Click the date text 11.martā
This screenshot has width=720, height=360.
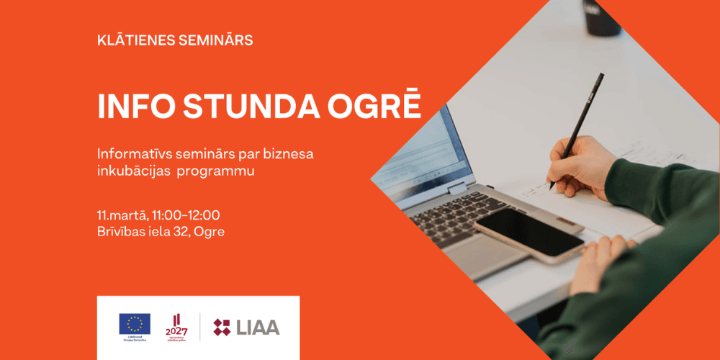[122, 215]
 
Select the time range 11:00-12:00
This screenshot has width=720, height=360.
[186, 215]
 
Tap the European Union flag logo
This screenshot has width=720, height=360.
[135, 324]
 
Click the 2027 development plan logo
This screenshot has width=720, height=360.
[177, 326]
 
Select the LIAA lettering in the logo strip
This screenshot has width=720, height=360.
[257, 327]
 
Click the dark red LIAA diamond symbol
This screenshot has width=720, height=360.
[222, 327]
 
